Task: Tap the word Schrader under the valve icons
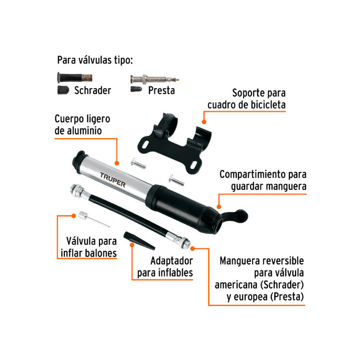pyautogui.click(x=93, y=90)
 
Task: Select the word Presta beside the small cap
pyautogui.click(x=162, y=90)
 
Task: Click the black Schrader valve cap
pyautogui.click(x=63, y=90)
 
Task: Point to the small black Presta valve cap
pyautogui.click(x=136, y=89)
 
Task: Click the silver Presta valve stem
pyautogui.click(x=154, y=80)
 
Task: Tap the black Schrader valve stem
pyautogui.click(x=75, y=77)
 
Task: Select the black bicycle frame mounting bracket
pyautogui.click(x=175, y=144)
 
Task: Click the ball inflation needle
pyautogui.click(x=94, y=219)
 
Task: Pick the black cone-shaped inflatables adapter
pyautogui.click(x=139, y=241)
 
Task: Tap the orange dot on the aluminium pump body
pyautogui.click(x=117, y=163)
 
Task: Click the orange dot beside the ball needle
pyautogui.click(x=73, y=216)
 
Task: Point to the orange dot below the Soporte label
pyautogui.click(x=204, y=122)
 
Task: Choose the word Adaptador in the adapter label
pyautogui.click(x=172, y=261)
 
